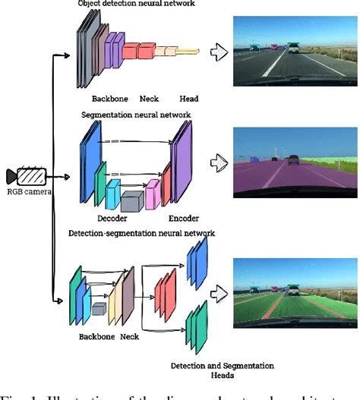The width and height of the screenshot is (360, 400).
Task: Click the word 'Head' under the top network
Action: pyautogui.click(x=189, y=98)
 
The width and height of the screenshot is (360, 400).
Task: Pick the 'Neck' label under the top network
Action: pyautogui.click(x=149, y=98)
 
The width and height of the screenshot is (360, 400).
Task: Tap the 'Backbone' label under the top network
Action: pyautogui.click(x=111, y=98)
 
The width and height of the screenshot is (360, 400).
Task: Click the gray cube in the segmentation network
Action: pyautogui.click(x=131, y=201)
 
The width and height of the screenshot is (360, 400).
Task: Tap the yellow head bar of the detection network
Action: pyautogui.click(x=188, y=52)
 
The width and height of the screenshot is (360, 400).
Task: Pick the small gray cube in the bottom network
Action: pyautogui.click(x=99, y=308)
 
